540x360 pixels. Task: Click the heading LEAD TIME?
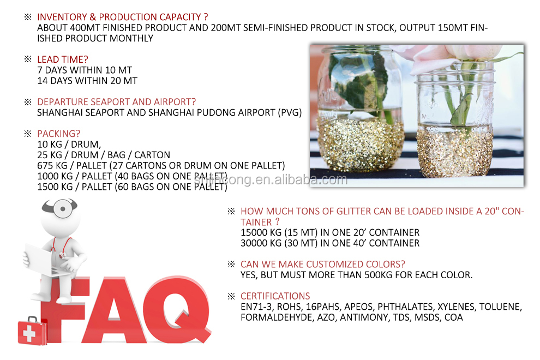[62, 59]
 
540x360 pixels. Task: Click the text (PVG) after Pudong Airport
[290, 113]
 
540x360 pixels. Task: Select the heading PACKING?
[58, 134]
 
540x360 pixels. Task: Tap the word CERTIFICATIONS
[275, 296]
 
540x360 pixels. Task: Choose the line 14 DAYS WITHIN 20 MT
[87, 81]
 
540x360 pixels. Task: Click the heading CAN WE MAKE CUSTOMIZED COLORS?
[323, 264]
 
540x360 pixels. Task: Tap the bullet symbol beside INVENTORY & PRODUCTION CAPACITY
[28, 17]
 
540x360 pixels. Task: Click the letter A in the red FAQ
[112, 310]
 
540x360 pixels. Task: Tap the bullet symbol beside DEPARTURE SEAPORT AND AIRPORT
[28, 102]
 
